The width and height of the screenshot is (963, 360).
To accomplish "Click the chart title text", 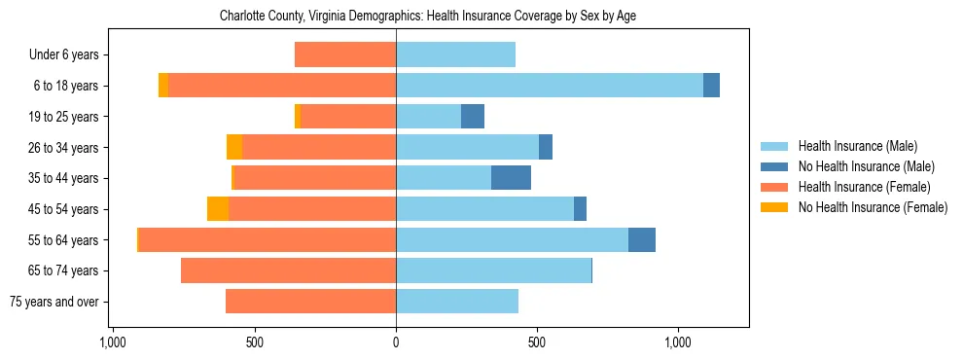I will point(428,17).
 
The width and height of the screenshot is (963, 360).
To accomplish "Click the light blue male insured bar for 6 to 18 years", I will point(550,86).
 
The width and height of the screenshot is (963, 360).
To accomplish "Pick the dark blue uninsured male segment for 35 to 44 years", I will point(511,178).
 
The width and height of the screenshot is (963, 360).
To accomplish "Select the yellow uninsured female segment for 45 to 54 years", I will point(218,209).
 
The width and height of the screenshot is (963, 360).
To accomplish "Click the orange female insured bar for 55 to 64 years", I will point(267,240).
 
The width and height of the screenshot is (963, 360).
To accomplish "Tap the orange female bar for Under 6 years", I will point(345,55).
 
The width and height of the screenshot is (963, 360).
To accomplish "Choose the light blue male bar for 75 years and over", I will point(457,302).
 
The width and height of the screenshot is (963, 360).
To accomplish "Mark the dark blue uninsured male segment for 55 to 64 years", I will point(642,240).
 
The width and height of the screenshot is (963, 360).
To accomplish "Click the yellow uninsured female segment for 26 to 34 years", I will point(234,147).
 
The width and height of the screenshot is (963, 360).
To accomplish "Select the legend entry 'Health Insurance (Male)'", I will point(858,146).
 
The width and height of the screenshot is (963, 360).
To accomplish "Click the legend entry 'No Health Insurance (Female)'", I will point(873,207).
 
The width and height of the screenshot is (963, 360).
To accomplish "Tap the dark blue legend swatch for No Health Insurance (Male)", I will point(774,166).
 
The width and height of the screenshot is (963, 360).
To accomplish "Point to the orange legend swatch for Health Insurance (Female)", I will point(774,187).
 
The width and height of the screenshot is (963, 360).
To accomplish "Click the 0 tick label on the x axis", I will point(396,343).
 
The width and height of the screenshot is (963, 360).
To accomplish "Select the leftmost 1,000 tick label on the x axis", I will point(113,343).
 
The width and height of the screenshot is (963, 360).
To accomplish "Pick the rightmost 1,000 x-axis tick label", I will point(678,343).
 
